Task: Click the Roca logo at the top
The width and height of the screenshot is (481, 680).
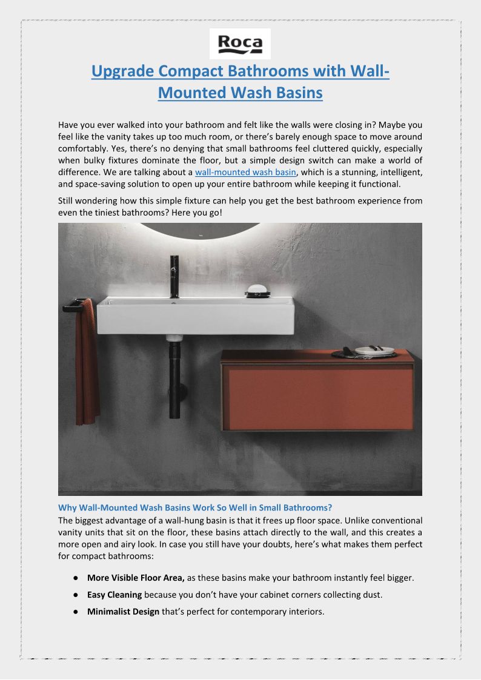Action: click(240, 44)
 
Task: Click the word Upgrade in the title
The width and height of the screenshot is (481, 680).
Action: click(122, 71)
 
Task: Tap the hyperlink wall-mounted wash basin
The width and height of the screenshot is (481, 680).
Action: click(245, 173)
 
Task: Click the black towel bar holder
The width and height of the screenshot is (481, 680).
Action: click(73, 305)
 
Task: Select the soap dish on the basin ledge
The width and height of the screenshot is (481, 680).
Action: click(258, 291)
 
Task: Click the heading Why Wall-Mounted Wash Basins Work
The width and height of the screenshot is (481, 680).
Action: click(194, 507)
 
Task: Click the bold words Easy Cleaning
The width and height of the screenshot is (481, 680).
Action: click(114, 595)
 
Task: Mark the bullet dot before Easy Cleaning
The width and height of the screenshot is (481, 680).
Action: click(75, 595)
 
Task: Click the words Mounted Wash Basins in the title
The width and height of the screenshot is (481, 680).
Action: click(240, 93)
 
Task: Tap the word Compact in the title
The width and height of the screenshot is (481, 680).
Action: click(190, 71)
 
